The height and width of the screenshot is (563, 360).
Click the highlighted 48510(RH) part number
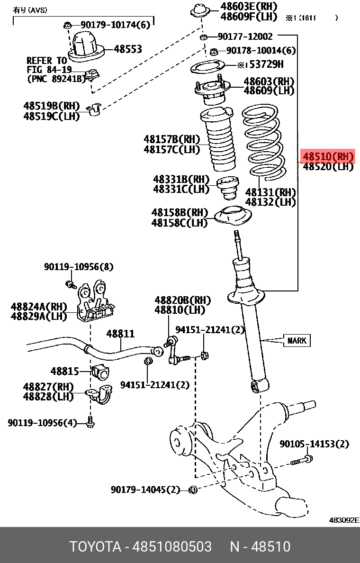click(328, 156)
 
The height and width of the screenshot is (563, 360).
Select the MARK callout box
click(297, 340)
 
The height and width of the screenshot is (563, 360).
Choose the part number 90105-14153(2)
click(314, 444)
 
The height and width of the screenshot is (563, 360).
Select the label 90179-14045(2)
click(145, 490)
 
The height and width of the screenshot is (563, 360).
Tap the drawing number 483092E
click(344, 520)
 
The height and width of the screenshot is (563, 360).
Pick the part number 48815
click(65, 371)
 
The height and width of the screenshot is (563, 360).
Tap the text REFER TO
click(46, 61)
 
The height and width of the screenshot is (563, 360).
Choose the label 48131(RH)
click(270, 192)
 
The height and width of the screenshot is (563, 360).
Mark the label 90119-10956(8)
click(79, 267)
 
